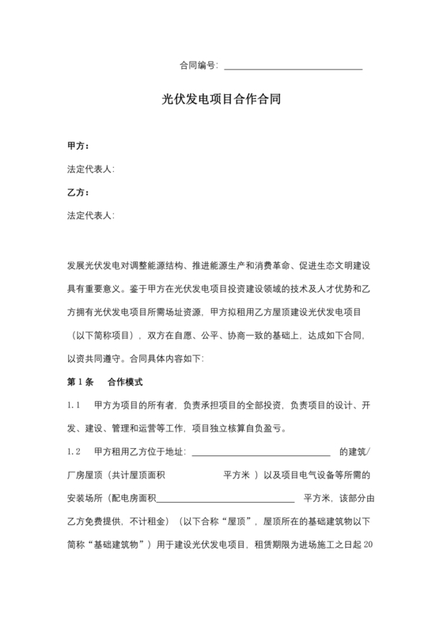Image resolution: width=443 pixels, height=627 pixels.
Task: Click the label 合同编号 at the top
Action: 198,66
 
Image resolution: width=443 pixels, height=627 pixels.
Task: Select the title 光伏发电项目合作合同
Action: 221,101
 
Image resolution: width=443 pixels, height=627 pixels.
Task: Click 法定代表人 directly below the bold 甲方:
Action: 91,169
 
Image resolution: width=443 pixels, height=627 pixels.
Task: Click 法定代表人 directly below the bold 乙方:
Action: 91,215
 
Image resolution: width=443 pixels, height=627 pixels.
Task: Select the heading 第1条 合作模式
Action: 105,382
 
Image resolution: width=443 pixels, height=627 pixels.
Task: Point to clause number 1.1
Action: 75,405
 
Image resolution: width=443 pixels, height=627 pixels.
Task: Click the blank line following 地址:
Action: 261,454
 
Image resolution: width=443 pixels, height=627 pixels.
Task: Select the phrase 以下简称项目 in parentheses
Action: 104,336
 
